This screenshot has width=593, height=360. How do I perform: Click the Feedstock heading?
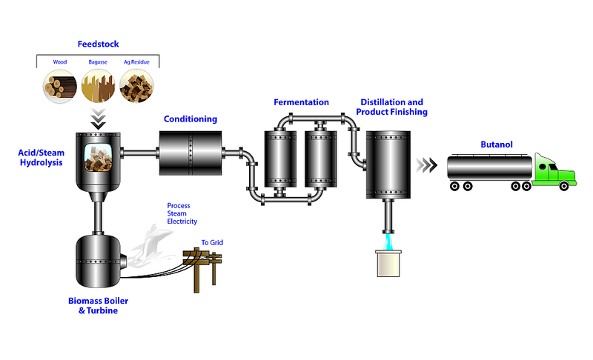pos(99,44)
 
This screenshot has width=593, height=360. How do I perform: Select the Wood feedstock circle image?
pos(60,86)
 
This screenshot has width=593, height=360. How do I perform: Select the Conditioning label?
pos(191,119)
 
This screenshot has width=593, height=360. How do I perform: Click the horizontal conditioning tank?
pos(191,153)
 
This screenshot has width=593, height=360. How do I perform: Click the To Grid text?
pos(212,242)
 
